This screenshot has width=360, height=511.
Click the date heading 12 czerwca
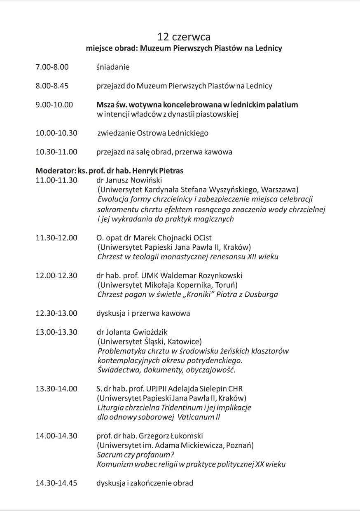tap(184, 37)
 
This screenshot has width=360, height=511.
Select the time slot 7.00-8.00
tap(52, 67)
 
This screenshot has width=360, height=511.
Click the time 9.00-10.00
tap(54, 105)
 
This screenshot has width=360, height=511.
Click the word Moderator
tap(51, 170)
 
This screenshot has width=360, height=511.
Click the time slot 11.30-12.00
tap(56, 238)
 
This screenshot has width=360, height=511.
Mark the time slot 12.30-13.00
tap(56, 313)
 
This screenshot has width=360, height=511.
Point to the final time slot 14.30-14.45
tap(56, 483)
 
